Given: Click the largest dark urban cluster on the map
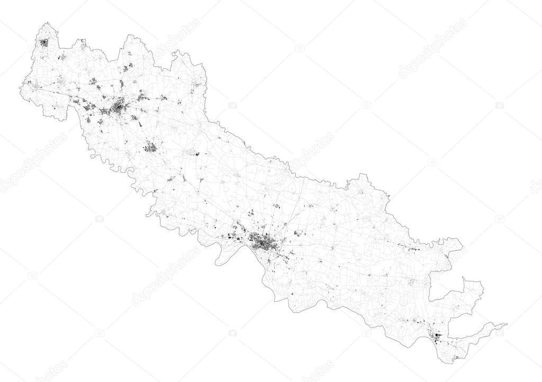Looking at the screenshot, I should (263, 243).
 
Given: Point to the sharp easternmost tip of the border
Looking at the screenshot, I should (507, 324).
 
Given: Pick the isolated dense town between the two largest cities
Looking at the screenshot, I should (150, 147).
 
